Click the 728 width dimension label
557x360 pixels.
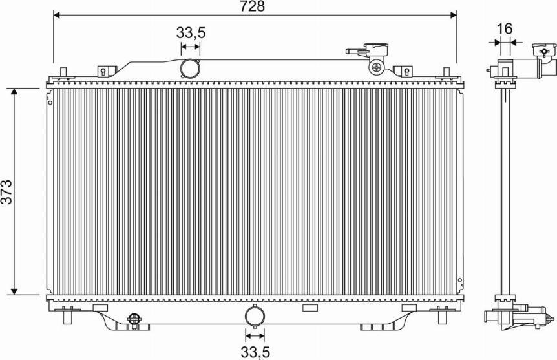click(252, 6)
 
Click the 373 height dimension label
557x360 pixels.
click(6, 192)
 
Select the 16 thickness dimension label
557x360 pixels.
click(505, 29)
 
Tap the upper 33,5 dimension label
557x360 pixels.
click(191, 33)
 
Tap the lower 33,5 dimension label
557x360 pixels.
click(255, 352)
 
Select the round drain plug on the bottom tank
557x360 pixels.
click(134, 319)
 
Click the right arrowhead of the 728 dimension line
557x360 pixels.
click(453, 15)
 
